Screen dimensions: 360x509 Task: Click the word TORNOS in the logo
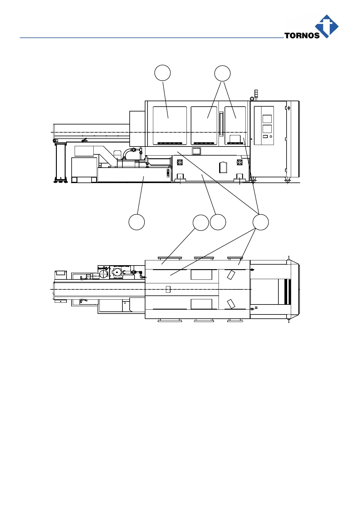[302, 35]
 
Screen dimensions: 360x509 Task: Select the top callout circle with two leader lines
[222, 73]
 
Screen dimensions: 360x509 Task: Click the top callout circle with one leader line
[163, 73]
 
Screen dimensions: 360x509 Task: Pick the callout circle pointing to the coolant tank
[137, 222]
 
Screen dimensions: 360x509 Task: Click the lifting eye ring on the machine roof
[252, 98]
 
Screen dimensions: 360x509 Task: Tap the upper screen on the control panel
[267, 119]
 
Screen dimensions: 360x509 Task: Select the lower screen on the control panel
[267, 129]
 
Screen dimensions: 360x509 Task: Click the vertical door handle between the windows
[221, 124]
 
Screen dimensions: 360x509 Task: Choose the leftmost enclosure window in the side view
[170, 126]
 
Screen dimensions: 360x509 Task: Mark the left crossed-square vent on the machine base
[180, 163]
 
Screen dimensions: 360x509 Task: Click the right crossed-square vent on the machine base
[239, 163]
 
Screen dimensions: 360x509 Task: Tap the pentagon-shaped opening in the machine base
[223, 167]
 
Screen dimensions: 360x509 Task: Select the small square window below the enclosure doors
[196, 151]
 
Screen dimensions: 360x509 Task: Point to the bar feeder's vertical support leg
[61, 161]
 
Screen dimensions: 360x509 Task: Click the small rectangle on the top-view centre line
[168, 289]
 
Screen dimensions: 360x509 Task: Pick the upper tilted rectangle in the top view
[231, 275]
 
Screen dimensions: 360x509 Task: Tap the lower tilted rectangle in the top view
[231, 304]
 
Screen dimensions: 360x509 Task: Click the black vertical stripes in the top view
[287, 292]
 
